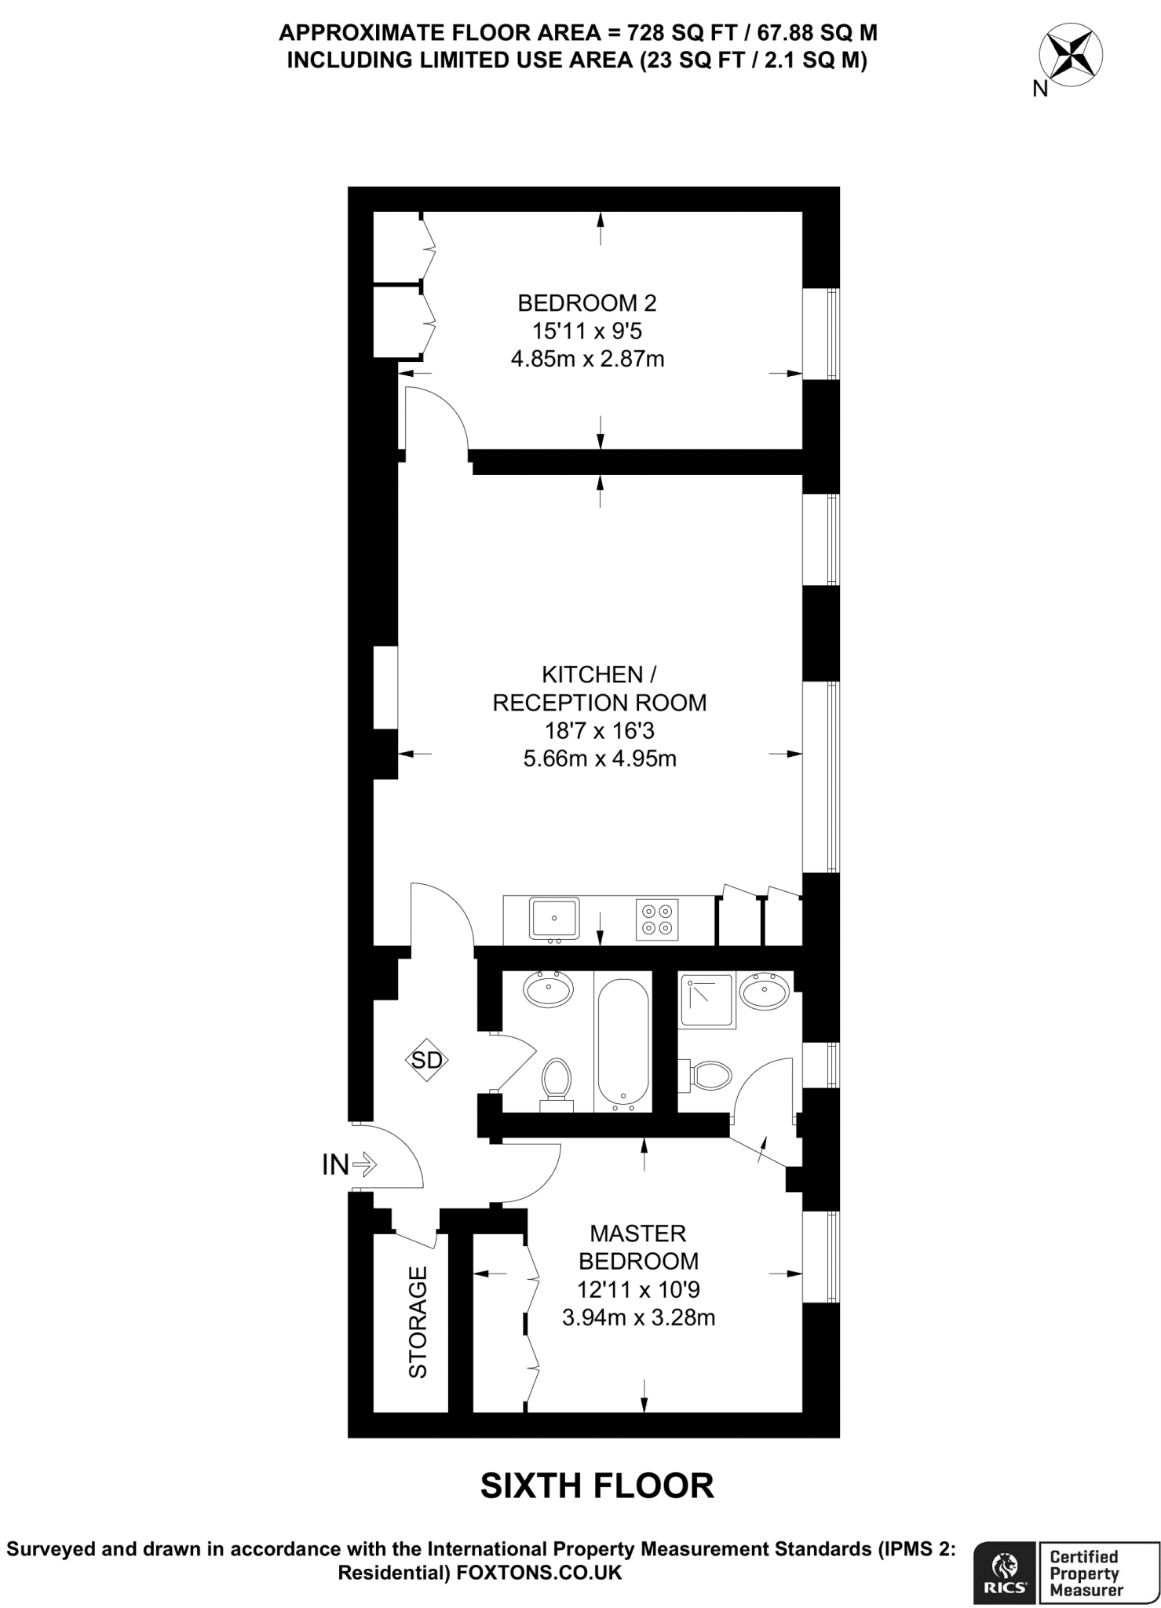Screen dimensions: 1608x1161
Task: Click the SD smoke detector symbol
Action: point(427,1061)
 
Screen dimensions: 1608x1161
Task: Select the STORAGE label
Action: point(418,1322)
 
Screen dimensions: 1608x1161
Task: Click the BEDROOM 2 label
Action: point(587,302)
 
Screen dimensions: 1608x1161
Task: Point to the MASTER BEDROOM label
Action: point(638,1247)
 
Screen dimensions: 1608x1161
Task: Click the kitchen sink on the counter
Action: point(554,918)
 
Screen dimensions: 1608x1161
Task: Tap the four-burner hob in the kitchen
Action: point(658,919)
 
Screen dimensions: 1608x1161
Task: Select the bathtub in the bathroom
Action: point(623,1040)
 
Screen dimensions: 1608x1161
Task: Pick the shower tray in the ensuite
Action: point(708,1001)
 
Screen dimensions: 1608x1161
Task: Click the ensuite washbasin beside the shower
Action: point(765,992)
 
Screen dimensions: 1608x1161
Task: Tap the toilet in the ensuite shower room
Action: point(709,1075)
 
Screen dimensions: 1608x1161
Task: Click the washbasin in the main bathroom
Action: point(549,989)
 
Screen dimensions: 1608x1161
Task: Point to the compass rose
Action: point(1070,57)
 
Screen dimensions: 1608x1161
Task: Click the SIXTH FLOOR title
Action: point(597,1486)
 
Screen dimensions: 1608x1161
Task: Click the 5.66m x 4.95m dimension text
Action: point(600,758)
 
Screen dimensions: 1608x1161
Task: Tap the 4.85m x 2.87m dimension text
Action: point(587,360)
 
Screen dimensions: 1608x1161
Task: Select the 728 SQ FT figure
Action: point(663,33)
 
